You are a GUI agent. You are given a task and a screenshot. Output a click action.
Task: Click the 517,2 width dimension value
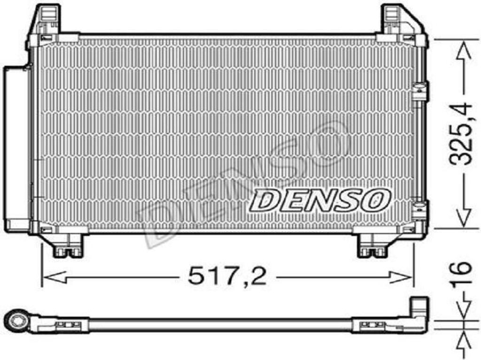pos(227,276)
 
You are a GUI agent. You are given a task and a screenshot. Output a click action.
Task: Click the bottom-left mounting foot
pos(68,246)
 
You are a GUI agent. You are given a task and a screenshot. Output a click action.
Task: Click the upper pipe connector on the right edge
pos(420,91)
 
